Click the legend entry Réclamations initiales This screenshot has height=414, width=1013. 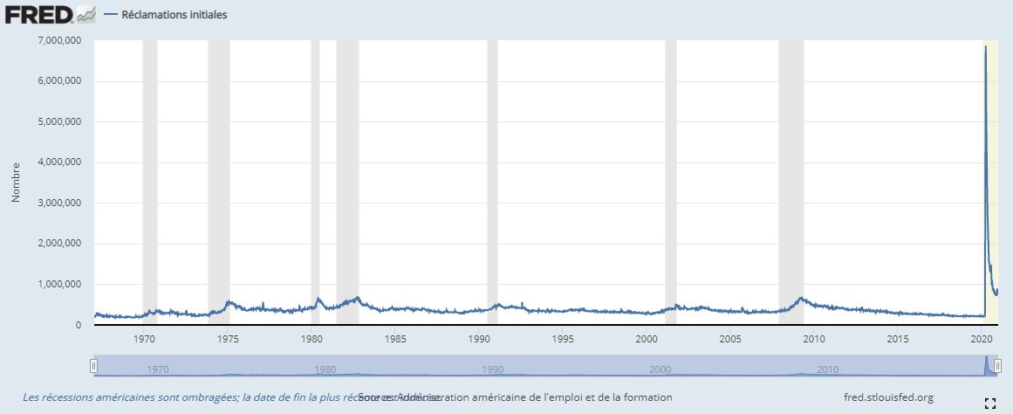click(x=174, y=15)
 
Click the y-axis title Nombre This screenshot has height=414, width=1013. click(x=16, y=183)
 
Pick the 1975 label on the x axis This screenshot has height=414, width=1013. click(x=228, y=338)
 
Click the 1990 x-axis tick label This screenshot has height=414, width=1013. click(x=479, y=338)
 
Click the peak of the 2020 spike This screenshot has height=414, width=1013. click(x=985, y=46)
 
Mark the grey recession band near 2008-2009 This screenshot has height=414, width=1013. click(x=791, y=175)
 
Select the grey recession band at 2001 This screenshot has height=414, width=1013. click(x=670, y=175)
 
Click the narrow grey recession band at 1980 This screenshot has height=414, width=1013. click(x=315, y=175)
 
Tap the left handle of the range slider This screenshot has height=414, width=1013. click(x=93, y=366)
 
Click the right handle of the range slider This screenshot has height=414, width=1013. click(x=997, y=366)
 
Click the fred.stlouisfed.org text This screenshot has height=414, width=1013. click(x=888, y=397)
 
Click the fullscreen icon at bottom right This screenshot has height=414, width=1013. click(x=989, y=403)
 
